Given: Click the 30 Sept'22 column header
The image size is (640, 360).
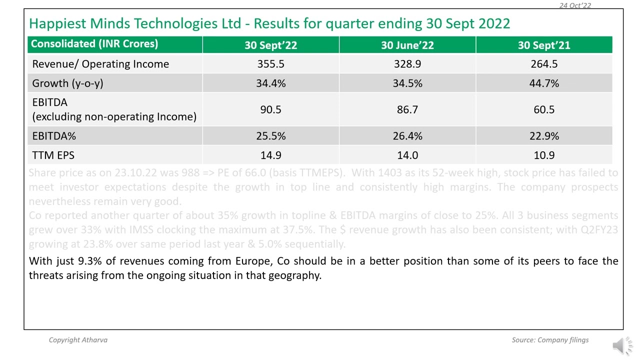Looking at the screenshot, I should point(270,45).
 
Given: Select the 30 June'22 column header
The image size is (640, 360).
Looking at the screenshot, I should point(407,45).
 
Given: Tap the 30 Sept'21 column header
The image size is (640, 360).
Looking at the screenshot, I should point(543,45).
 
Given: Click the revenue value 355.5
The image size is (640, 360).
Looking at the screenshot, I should point(270,64).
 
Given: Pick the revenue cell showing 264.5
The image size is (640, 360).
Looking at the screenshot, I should point(543,64).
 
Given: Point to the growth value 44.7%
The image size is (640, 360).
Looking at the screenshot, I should point(543,83).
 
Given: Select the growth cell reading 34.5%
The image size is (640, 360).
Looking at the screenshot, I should point(407,83).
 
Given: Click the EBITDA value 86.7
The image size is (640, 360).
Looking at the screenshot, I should point(407,109).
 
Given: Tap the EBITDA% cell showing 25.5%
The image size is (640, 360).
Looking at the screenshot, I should point(270,136).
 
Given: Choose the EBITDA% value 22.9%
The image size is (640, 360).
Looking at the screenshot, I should point(543,136).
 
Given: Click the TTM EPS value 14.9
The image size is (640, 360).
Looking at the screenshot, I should point(270,155).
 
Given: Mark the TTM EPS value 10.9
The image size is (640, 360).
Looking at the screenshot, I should point(543,155).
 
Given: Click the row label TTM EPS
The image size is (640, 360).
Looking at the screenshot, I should point(53,155).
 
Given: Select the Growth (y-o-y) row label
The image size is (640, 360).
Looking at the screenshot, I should point(67,83).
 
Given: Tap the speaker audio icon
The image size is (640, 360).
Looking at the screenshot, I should point(622,345).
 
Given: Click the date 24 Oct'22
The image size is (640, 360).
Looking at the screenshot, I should point(575,5).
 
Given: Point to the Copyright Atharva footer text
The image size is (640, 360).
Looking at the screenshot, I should point(78,340).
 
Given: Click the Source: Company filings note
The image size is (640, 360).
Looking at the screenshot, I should point(550,340).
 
